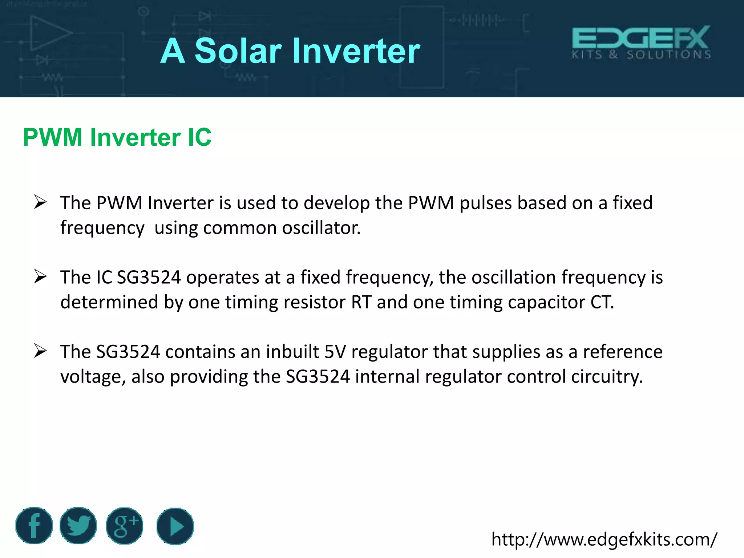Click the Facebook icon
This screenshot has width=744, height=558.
tap(34, 525)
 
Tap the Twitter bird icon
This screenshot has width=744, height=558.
tap(78, 525)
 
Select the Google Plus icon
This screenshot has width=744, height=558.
tap(125, 525)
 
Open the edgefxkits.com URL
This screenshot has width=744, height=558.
tap(604, 539)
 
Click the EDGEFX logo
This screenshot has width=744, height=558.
tap(641, 42)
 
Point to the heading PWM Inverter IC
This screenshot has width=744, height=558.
tap(117, 137)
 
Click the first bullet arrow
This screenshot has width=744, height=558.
tap(40, 202)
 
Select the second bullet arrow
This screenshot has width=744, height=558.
tap(40, 277)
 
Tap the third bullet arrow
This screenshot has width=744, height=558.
tap(40, 351)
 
